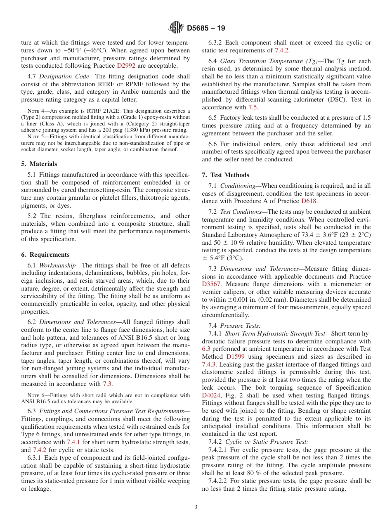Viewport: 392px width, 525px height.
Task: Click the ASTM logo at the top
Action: coord(177,28)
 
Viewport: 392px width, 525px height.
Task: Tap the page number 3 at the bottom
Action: coord(196,507)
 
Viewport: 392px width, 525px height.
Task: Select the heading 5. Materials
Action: coord(39,164)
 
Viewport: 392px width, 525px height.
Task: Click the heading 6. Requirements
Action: coord(45,255)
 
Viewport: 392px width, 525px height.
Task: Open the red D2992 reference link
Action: coord(126,66)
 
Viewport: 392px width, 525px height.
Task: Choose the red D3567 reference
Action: coord(211,284)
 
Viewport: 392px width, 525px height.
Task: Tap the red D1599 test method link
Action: coord(235,357)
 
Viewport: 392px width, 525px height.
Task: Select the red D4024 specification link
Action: coord(211,395)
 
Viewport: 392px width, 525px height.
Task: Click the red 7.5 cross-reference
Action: coord(253,107)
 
